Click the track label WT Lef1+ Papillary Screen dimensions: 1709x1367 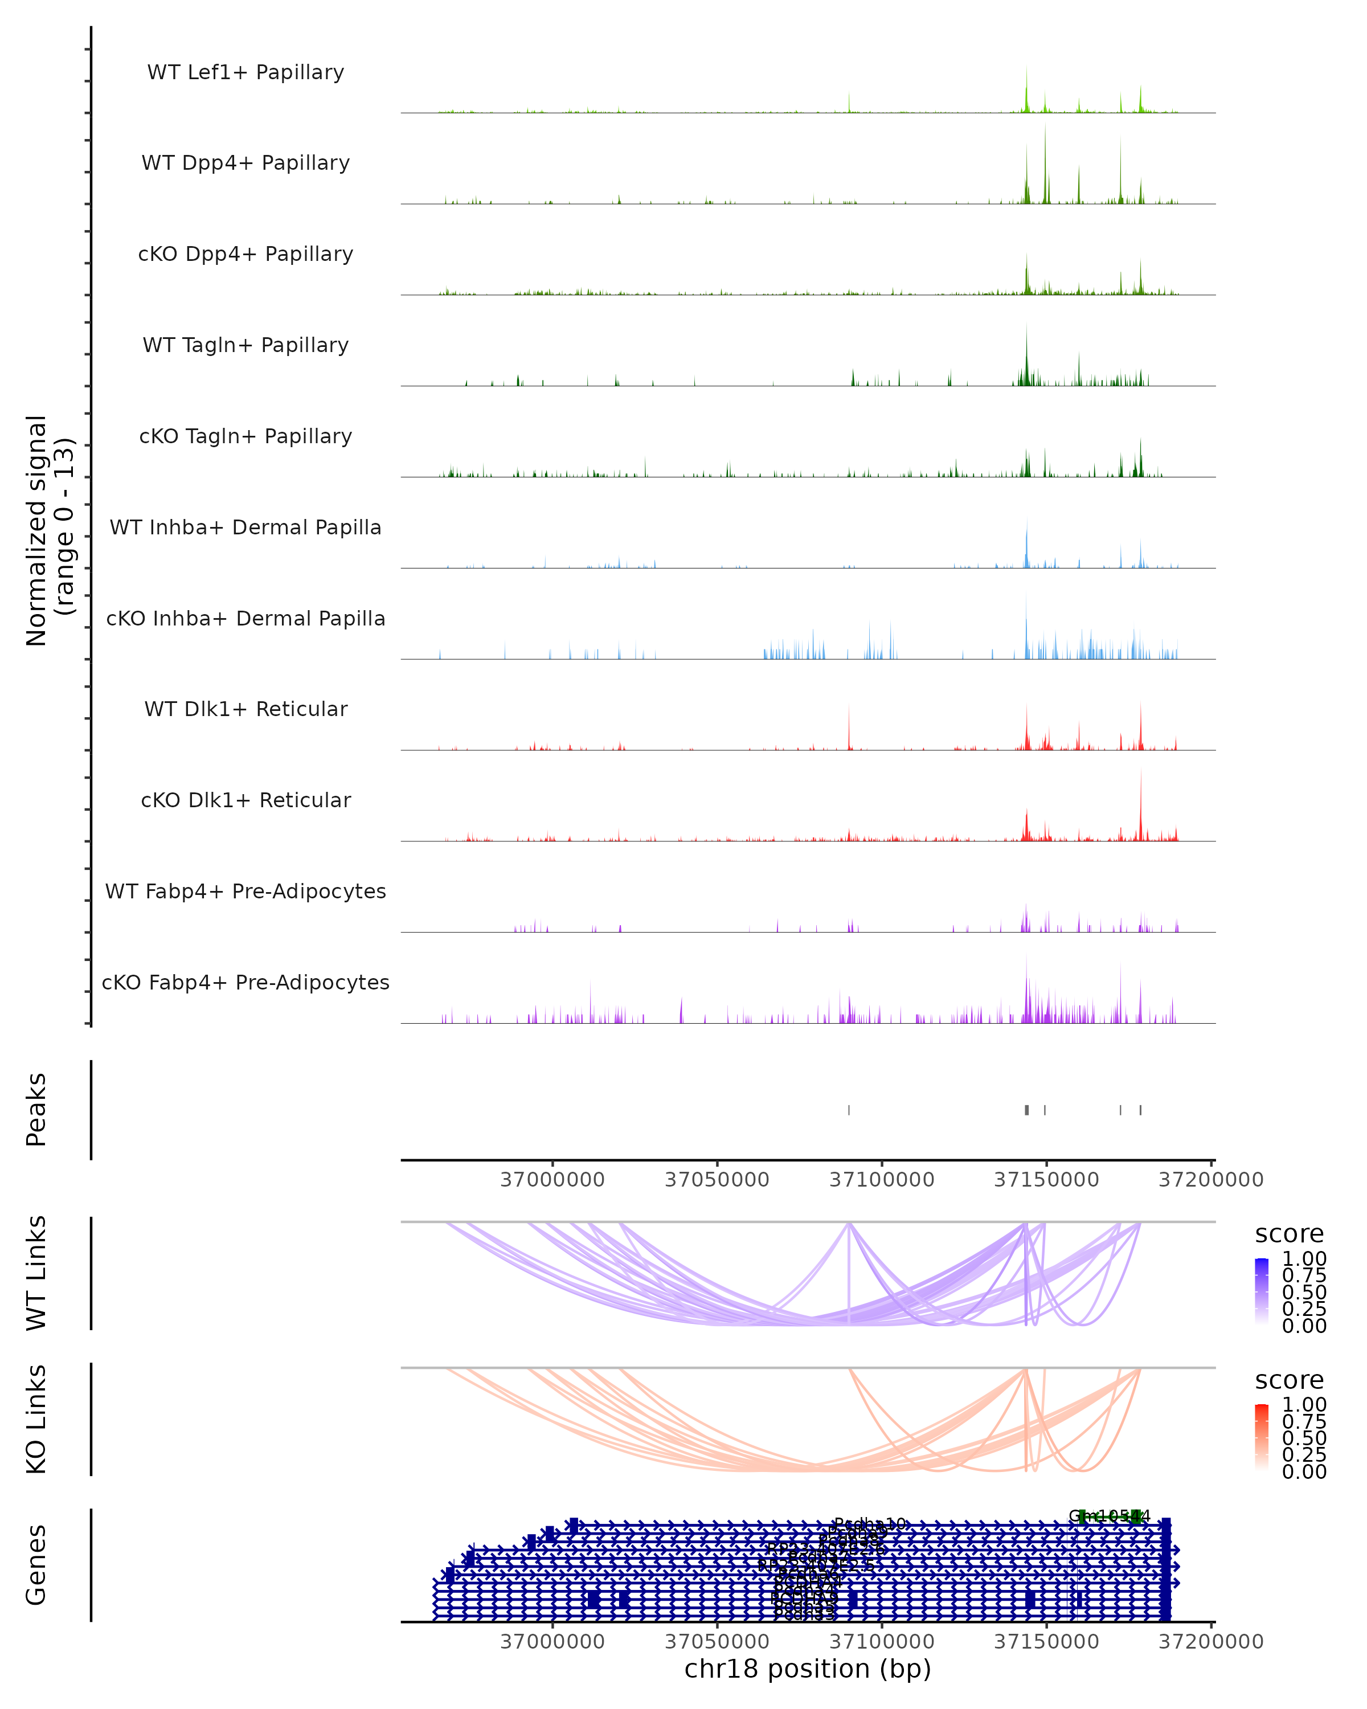[245, 72]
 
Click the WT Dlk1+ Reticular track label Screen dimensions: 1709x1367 [245, 709]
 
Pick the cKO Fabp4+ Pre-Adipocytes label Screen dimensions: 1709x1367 [245, 982]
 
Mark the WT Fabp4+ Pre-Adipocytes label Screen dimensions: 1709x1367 [245, 891]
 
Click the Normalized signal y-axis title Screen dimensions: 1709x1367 [49, 529]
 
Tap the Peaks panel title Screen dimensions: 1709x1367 [36, 1110]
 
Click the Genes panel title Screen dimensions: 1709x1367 [36, 1565]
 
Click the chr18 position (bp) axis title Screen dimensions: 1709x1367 [808, 1669]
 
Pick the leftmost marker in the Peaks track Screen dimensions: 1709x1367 [849, 1110]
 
